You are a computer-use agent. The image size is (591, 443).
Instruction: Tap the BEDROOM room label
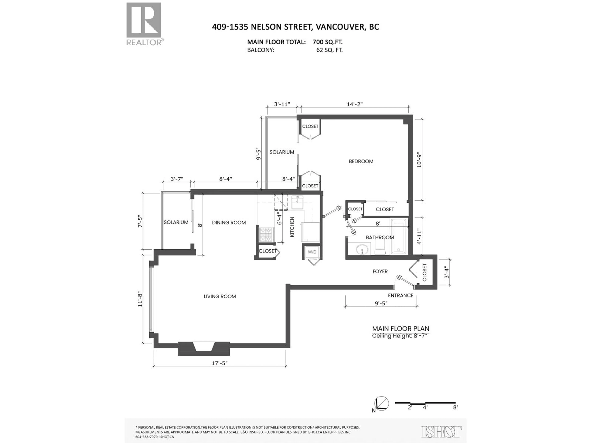point(361,161)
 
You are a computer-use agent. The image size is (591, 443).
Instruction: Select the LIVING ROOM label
point(220,296)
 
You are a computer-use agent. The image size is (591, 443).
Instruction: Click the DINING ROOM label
point(229,222)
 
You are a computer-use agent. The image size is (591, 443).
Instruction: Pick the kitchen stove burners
point(266,234)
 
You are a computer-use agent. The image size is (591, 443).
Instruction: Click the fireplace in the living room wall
point(204,348)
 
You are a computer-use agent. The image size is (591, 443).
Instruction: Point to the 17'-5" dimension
point(220,363)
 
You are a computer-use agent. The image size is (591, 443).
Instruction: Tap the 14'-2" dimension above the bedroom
point(355,104)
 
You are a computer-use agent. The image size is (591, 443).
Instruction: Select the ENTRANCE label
point(400,295)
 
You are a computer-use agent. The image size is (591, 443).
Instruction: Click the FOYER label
point(380,271)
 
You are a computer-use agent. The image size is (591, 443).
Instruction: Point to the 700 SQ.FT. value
point(327,42)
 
